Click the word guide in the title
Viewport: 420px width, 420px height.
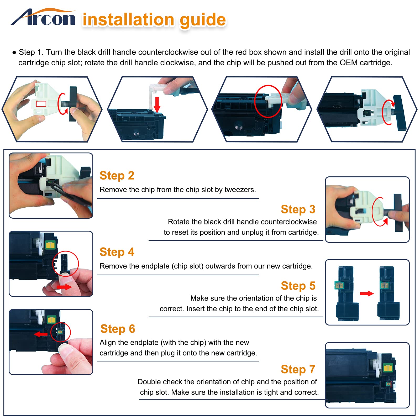203,20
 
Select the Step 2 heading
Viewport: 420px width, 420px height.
117,176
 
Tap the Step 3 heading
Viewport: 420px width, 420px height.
298,209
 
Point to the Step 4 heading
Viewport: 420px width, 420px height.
117,252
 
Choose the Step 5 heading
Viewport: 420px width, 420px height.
298,286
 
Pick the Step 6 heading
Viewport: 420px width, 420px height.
118,329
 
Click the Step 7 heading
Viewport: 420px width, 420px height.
298,369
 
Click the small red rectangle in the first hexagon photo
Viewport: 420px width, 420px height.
41,104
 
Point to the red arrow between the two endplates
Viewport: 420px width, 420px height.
367,293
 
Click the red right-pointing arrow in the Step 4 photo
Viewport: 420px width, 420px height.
64,287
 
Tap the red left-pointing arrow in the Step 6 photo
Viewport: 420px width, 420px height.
41,334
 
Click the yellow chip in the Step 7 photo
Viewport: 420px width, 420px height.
388,368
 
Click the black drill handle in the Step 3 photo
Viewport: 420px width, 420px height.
398,213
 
